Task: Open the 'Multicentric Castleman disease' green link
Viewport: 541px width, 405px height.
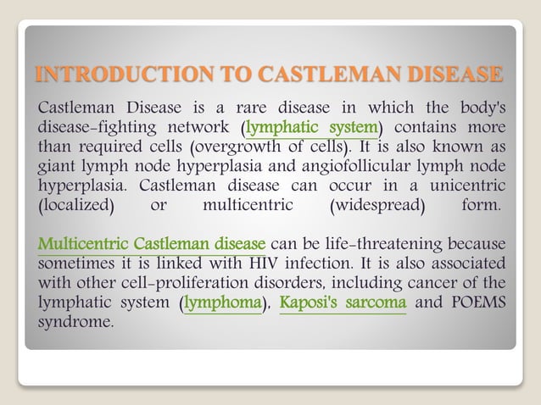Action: pyautogui.click(x=152, y=244)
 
